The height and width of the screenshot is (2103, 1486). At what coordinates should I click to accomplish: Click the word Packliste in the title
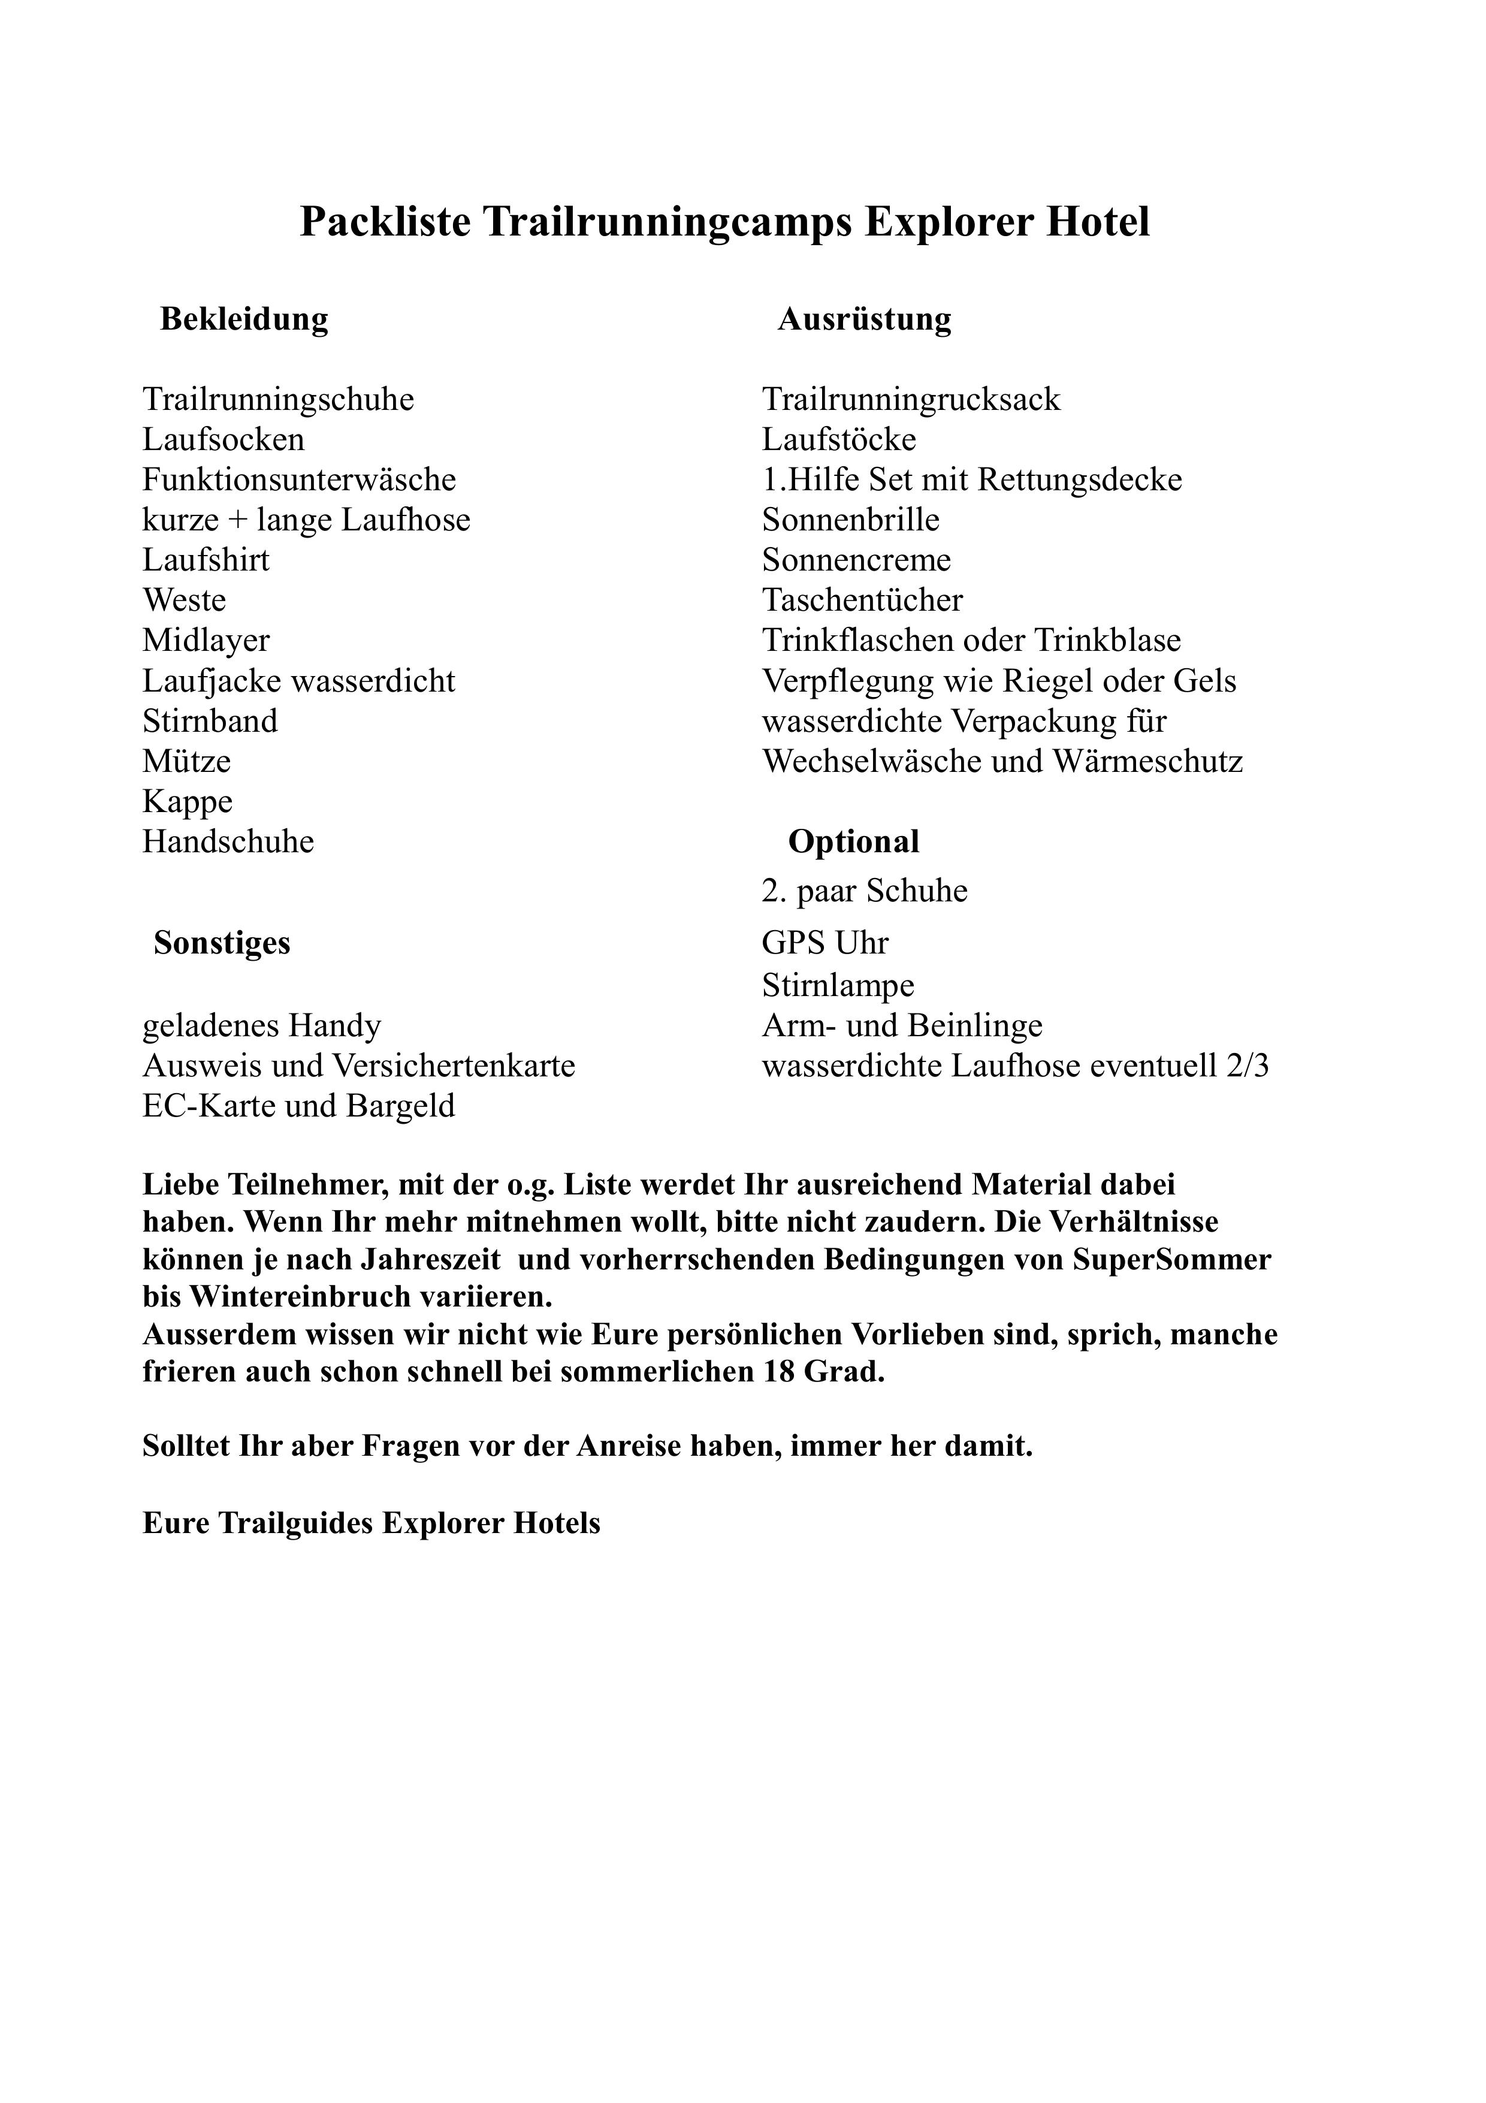[385, 222]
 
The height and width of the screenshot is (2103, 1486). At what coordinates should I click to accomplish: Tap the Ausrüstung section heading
[864, 319]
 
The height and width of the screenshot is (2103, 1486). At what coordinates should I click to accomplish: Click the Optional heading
[853, 842]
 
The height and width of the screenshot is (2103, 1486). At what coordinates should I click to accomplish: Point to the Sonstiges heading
[222, 943]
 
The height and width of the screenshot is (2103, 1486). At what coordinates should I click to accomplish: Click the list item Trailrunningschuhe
[279, 399]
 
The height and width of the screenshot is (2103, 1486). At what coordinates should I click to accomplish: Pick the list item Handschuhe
[228, 842]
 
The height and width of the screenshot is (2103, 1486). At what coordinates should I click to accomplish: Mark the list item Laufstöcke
[839, 440]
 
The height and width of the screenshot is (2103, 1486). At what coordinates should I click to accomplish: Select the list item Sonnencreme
[856, 560]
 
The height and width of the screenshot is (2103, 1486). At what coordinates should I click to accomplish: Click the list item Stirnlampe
[838, 985]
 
